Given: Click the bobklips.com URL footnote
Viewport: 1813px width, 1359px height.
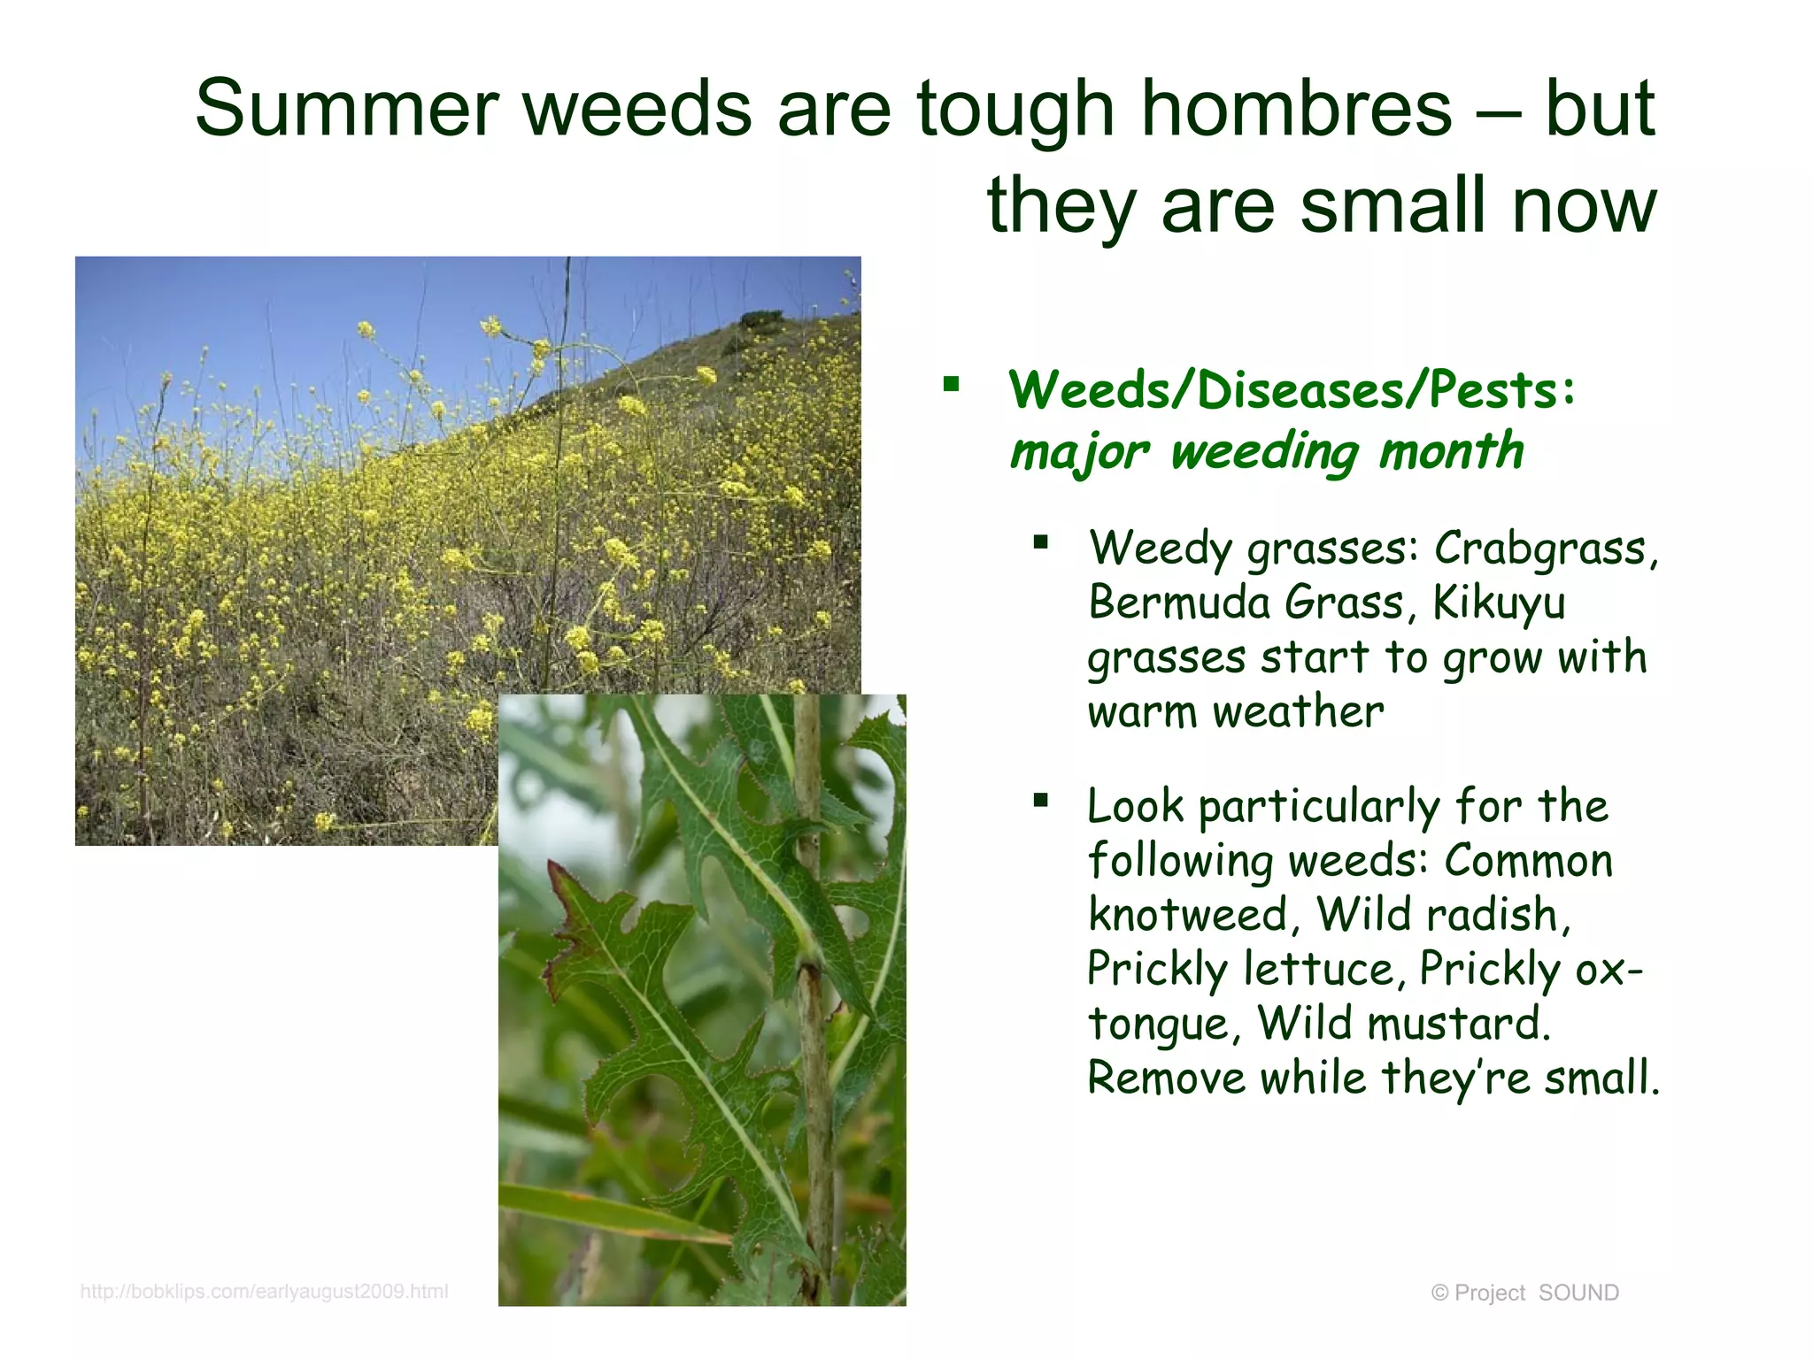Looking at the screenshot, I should (x=264, y=1291).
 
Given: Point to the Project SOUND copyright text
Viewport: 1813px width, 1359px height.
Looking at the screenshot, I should (x=1524, y=1293).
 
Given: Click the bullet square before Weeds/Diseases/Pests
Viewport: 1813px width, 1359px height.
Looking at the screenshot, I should (x=952, y=384).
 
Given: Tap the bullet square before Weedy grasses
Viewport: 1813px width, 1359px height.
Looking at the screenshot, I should (x=1040, y=541).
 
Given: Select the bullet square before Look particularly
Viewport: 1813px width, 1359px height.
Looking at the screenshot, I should (x=1040, y=801).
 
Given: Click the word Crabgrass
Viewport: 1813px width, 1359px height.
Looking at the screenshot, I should (x=1545, y=549).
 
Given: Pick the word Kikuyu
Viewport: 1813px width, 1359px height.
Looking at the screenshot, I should (x=1499, y=603).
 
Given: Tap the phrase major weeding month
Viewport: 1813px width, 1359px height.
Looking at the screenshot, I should (x=1266, y=451).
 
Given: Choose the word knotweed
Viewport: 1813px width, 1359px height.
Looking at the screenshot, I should (x=1188, y=915).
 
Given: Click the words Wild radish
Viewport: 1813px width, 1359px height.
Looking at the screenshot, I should (x=1443, y=915).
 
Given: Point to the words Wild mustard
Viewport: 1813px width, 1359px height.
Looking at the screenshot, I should (x=1403, y=1024).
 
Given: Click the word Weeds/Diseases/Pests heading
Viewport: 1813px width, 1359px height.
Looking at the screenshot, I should (x=1291, y=389).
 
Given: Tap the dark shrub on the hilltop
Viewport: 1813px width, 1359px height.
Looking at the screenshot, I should (x=761, y=319).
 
